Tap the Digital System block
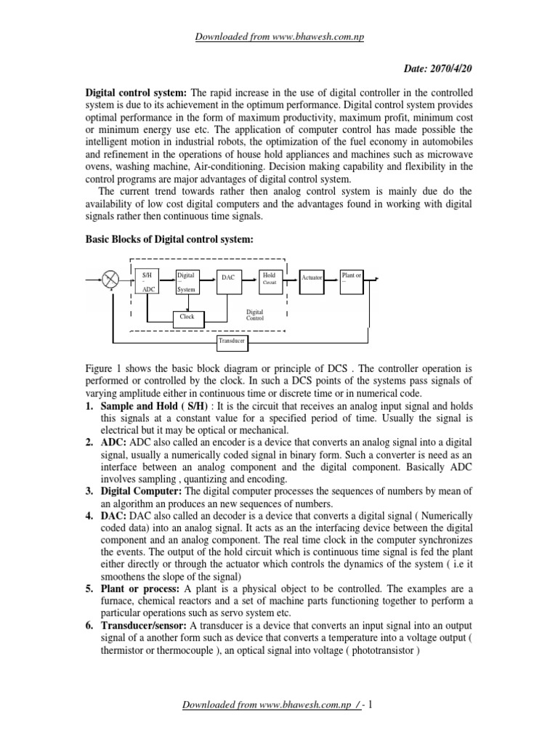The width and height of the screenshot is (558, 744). pos(188,281)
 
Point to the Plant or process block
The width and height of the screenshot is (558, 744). pos(352,278)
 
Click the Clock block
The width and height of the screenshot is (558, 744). pos(188,317)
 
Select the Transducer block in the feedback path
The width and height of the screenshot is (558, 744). pos(232,340)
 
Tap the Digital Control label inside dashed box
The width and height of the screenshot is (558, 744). pos(255,314)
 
